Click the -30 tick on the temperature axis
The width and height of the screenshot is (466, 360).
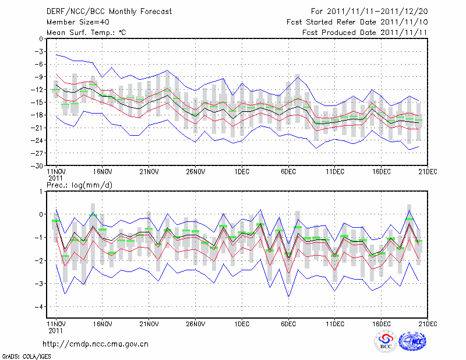click(38, 165)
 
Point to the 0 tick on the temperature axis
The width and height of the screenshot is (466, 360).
click(40, 39)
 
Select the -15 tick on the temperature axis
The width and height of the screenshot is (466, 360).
click(38, 103)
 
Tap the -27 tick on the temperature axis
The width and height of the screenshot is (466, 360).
click(38, 153)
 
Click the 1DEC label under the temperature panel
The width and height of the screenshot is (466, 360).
click(242, 172)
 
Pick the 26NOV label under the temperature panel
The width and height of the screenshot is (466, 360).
click(195, 172)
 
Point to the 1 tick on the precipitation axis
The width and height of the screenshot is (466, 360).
click(40, 191)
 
